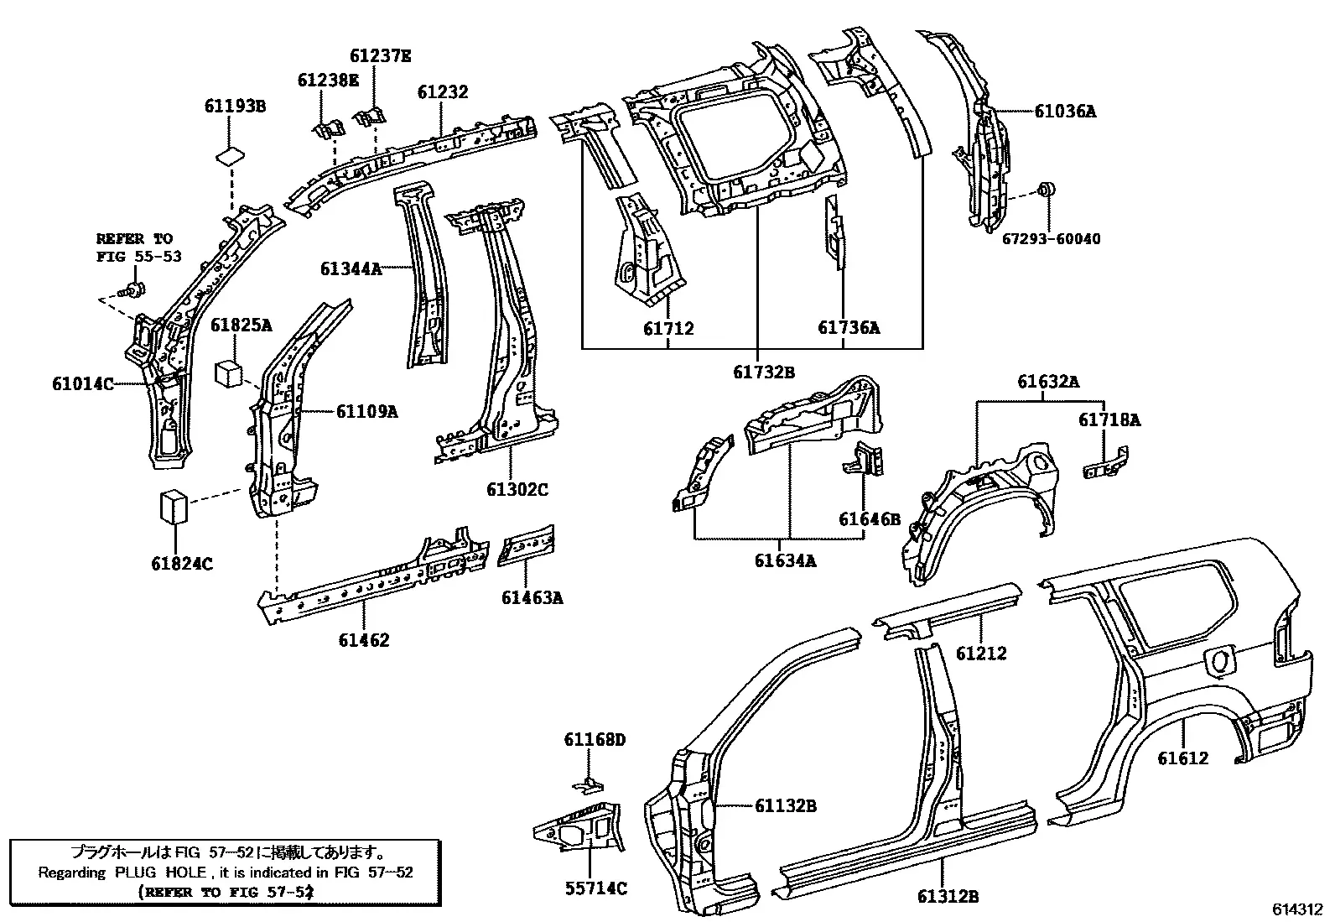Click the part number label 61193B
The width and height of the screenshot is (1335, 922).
click(235, 107)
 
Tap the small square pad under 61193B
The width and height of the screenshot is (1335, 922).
click(230, 156)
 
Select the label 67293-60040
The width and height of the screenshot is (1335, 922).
click(1051, 238)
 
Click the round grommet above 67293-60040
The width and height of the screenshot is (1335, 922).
click(1046, 190)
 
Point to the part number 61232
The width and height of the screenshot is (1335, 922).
click(442, 91)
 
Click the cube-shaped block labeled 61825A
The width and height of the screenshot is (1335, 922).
click(228, 372)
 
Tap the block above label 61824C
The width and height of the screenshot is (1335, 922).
click(174, 507)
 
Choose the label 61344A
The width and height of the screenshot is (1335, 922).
click(351, 269)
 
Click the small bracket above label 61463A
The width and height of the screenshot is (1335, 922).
click(527, 544)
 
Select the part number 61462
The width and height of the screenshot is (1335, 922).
click(364, 640)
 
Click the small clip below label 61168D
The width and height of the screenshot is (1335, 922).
click(589, 785)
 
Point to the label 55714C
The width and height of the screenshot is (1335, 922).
click(596, 888)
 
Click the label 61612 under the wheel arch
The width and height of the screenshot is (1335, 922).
click(1182, 758)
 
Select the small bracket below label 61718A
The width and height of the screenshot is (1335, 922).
click(1105, 463)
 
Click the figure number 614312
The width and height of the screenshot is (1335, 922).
click(1297, 909)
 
